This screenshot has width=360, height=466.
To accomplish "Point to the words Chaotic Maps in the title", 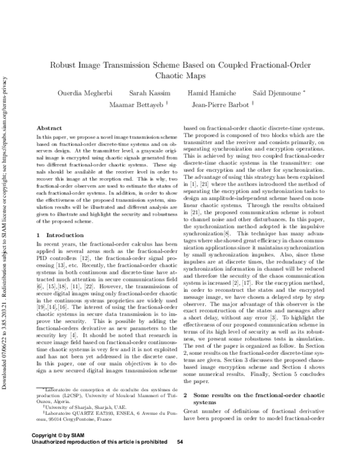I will [181, 76].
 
